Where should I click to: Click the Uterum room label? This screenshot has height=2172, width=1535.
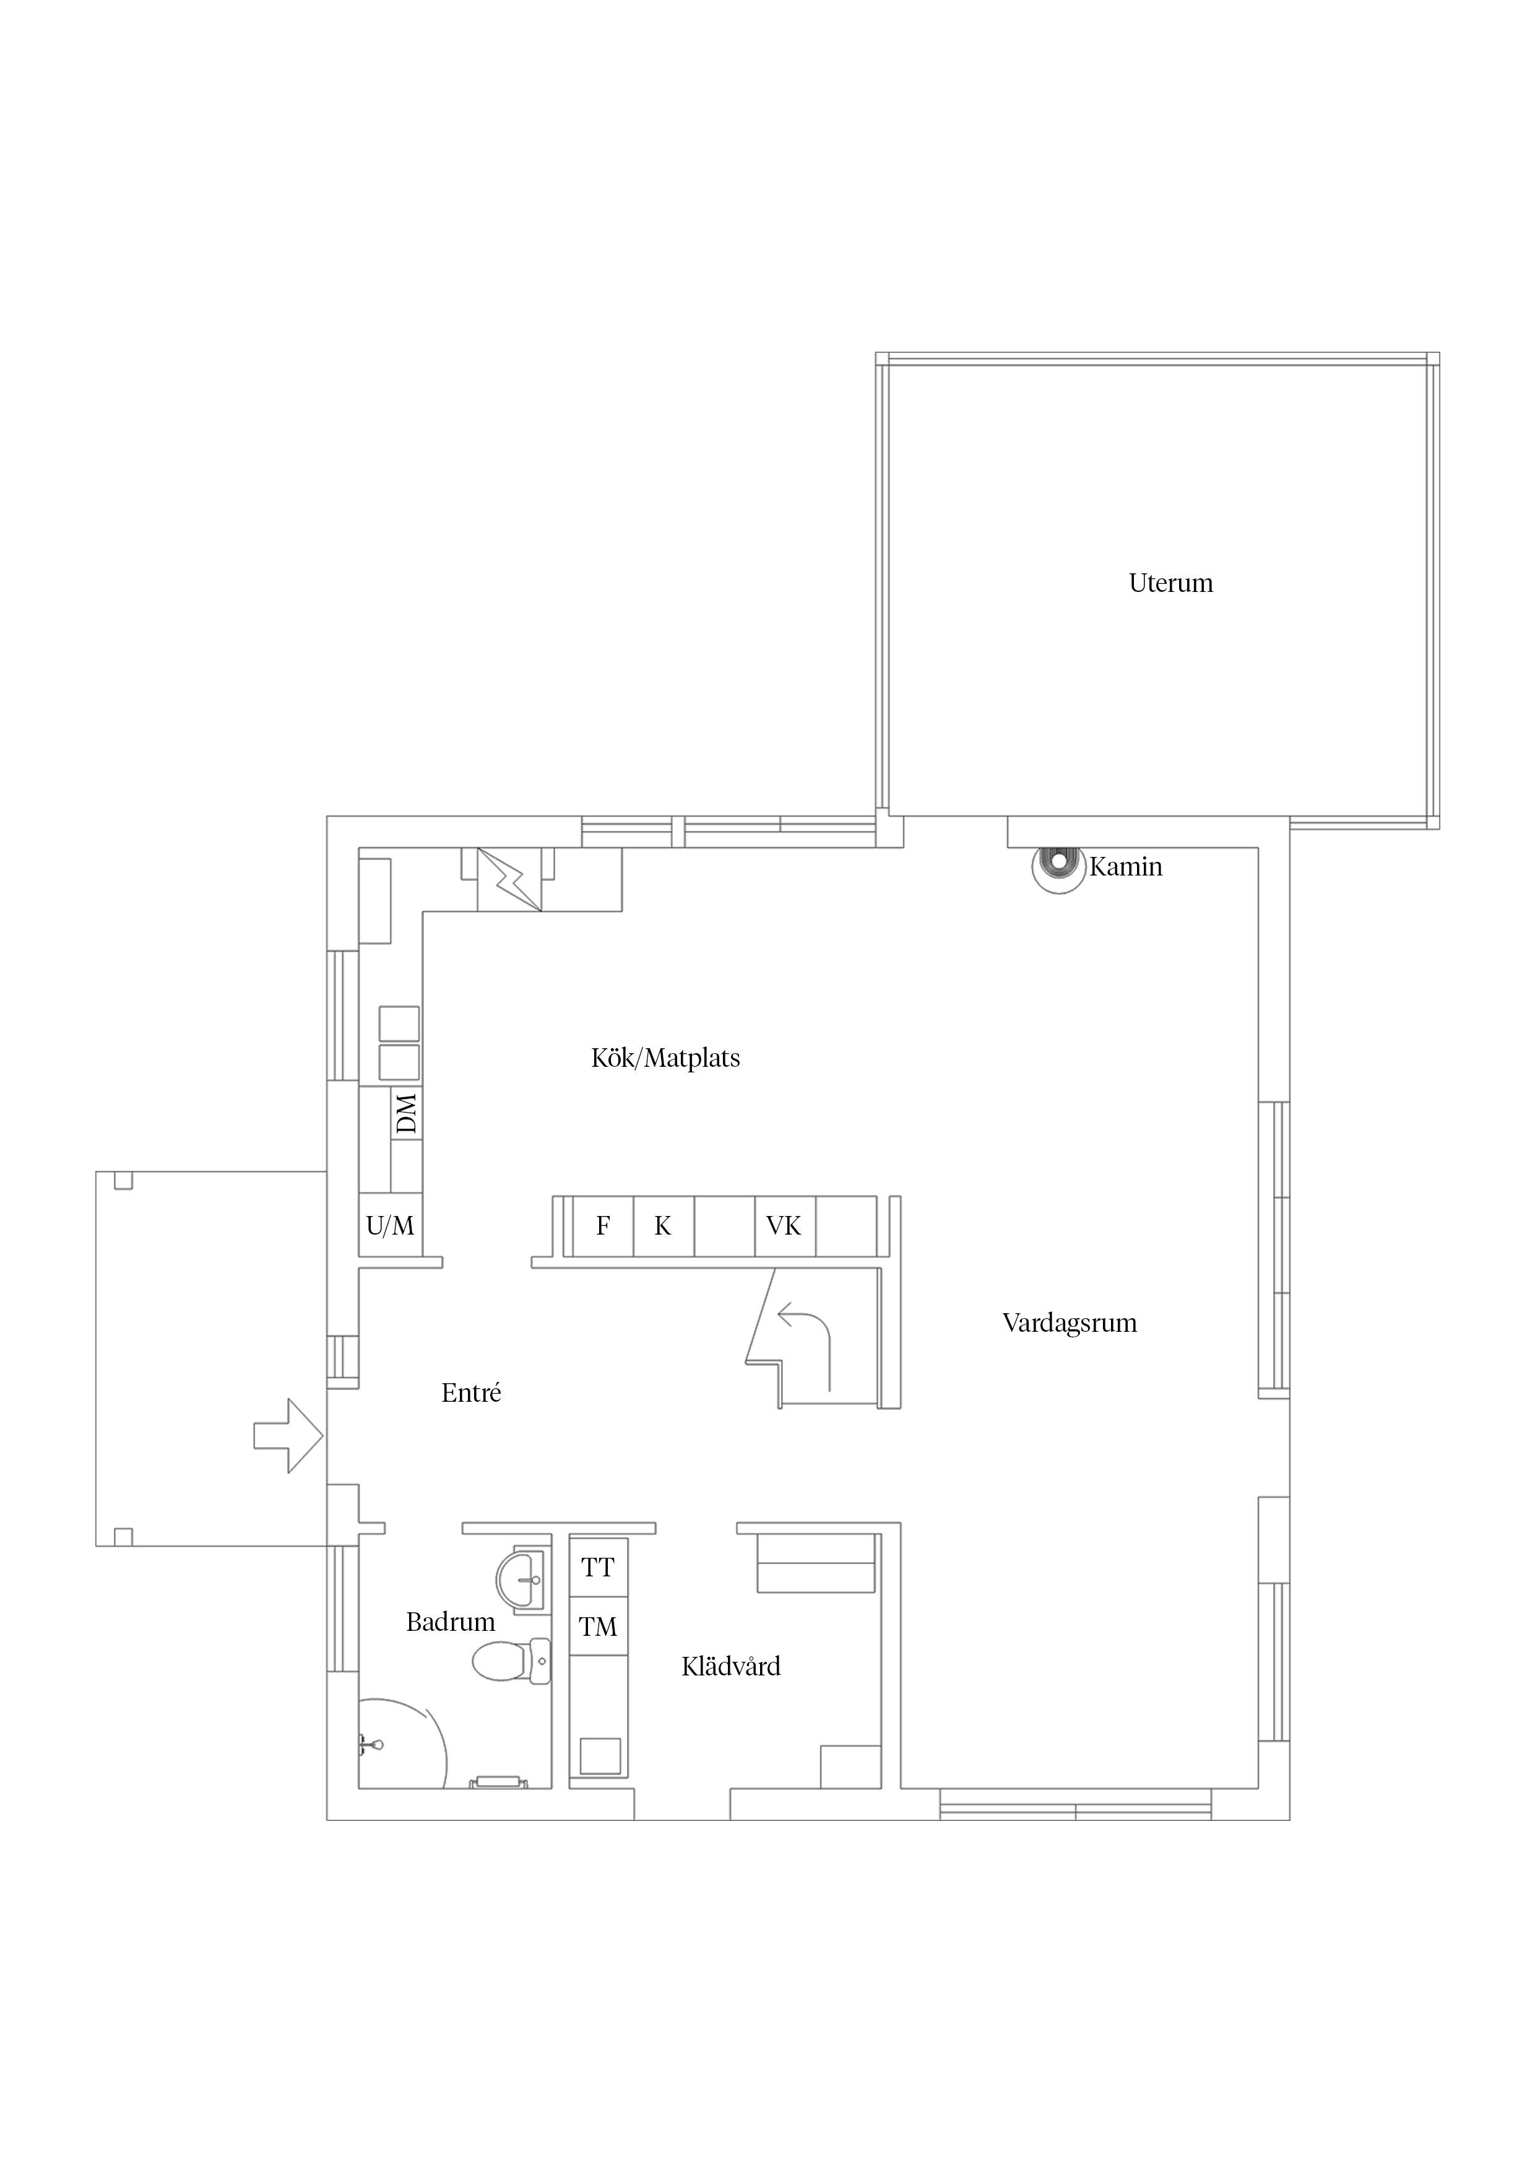[1171, 583]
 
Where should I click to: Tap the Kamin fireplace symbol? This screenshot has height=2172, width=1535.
[1057, 867]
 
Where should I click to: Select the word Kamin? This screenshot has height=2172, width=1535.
[1125, 867]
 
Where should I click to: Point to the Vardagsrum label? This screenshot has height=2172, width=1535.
[1070, 1323]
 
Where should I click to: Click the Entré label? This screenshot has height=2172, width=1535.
[471, 1392]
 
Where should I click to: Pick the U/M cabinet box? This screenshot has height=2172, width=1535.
[391, 1226]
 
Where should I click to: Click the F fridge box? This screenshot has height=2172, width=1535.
[602, 1226]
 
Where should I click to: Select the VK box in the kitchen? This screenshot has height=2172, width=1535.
[785, 1226]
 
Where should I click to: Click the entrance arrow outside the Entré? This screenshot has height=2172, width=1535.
[288, 1436]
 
